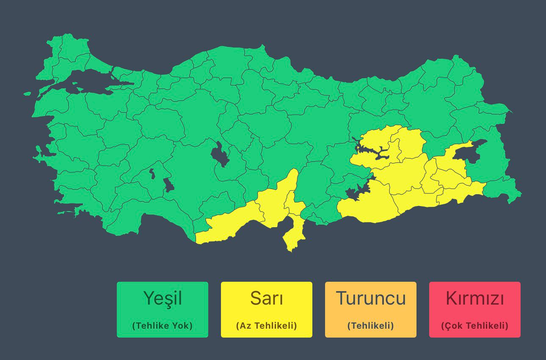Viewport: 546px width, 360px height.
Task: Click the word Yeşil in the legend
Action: coord(163,298)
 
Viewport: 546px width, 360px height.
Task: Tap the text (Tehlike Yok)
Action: coord(163,326)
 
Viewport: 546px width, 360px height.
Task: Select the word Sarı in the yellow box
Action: coord(267,298)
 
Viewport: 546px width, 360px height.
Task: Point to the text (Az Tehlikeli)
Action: coord(267,326)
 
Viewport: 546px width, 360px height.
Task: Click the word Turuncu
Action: coord(371,298)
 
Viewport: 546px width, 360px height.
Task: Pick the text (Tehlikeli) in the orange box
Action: coord(371,326)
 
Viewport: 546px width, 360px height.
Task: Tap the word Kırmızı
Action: coord(475,298)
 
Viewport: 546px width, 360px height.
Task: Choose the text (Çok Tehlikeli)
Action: coord(475,326)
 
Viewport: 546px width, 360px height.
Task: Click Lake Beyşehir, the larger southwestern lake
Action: coord(168,184)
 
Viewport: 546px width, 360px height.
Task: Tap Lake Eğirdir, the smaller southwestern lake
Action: coord(152,173)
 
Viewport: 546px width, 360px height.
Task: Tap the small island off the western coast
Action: coord(27,93)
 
